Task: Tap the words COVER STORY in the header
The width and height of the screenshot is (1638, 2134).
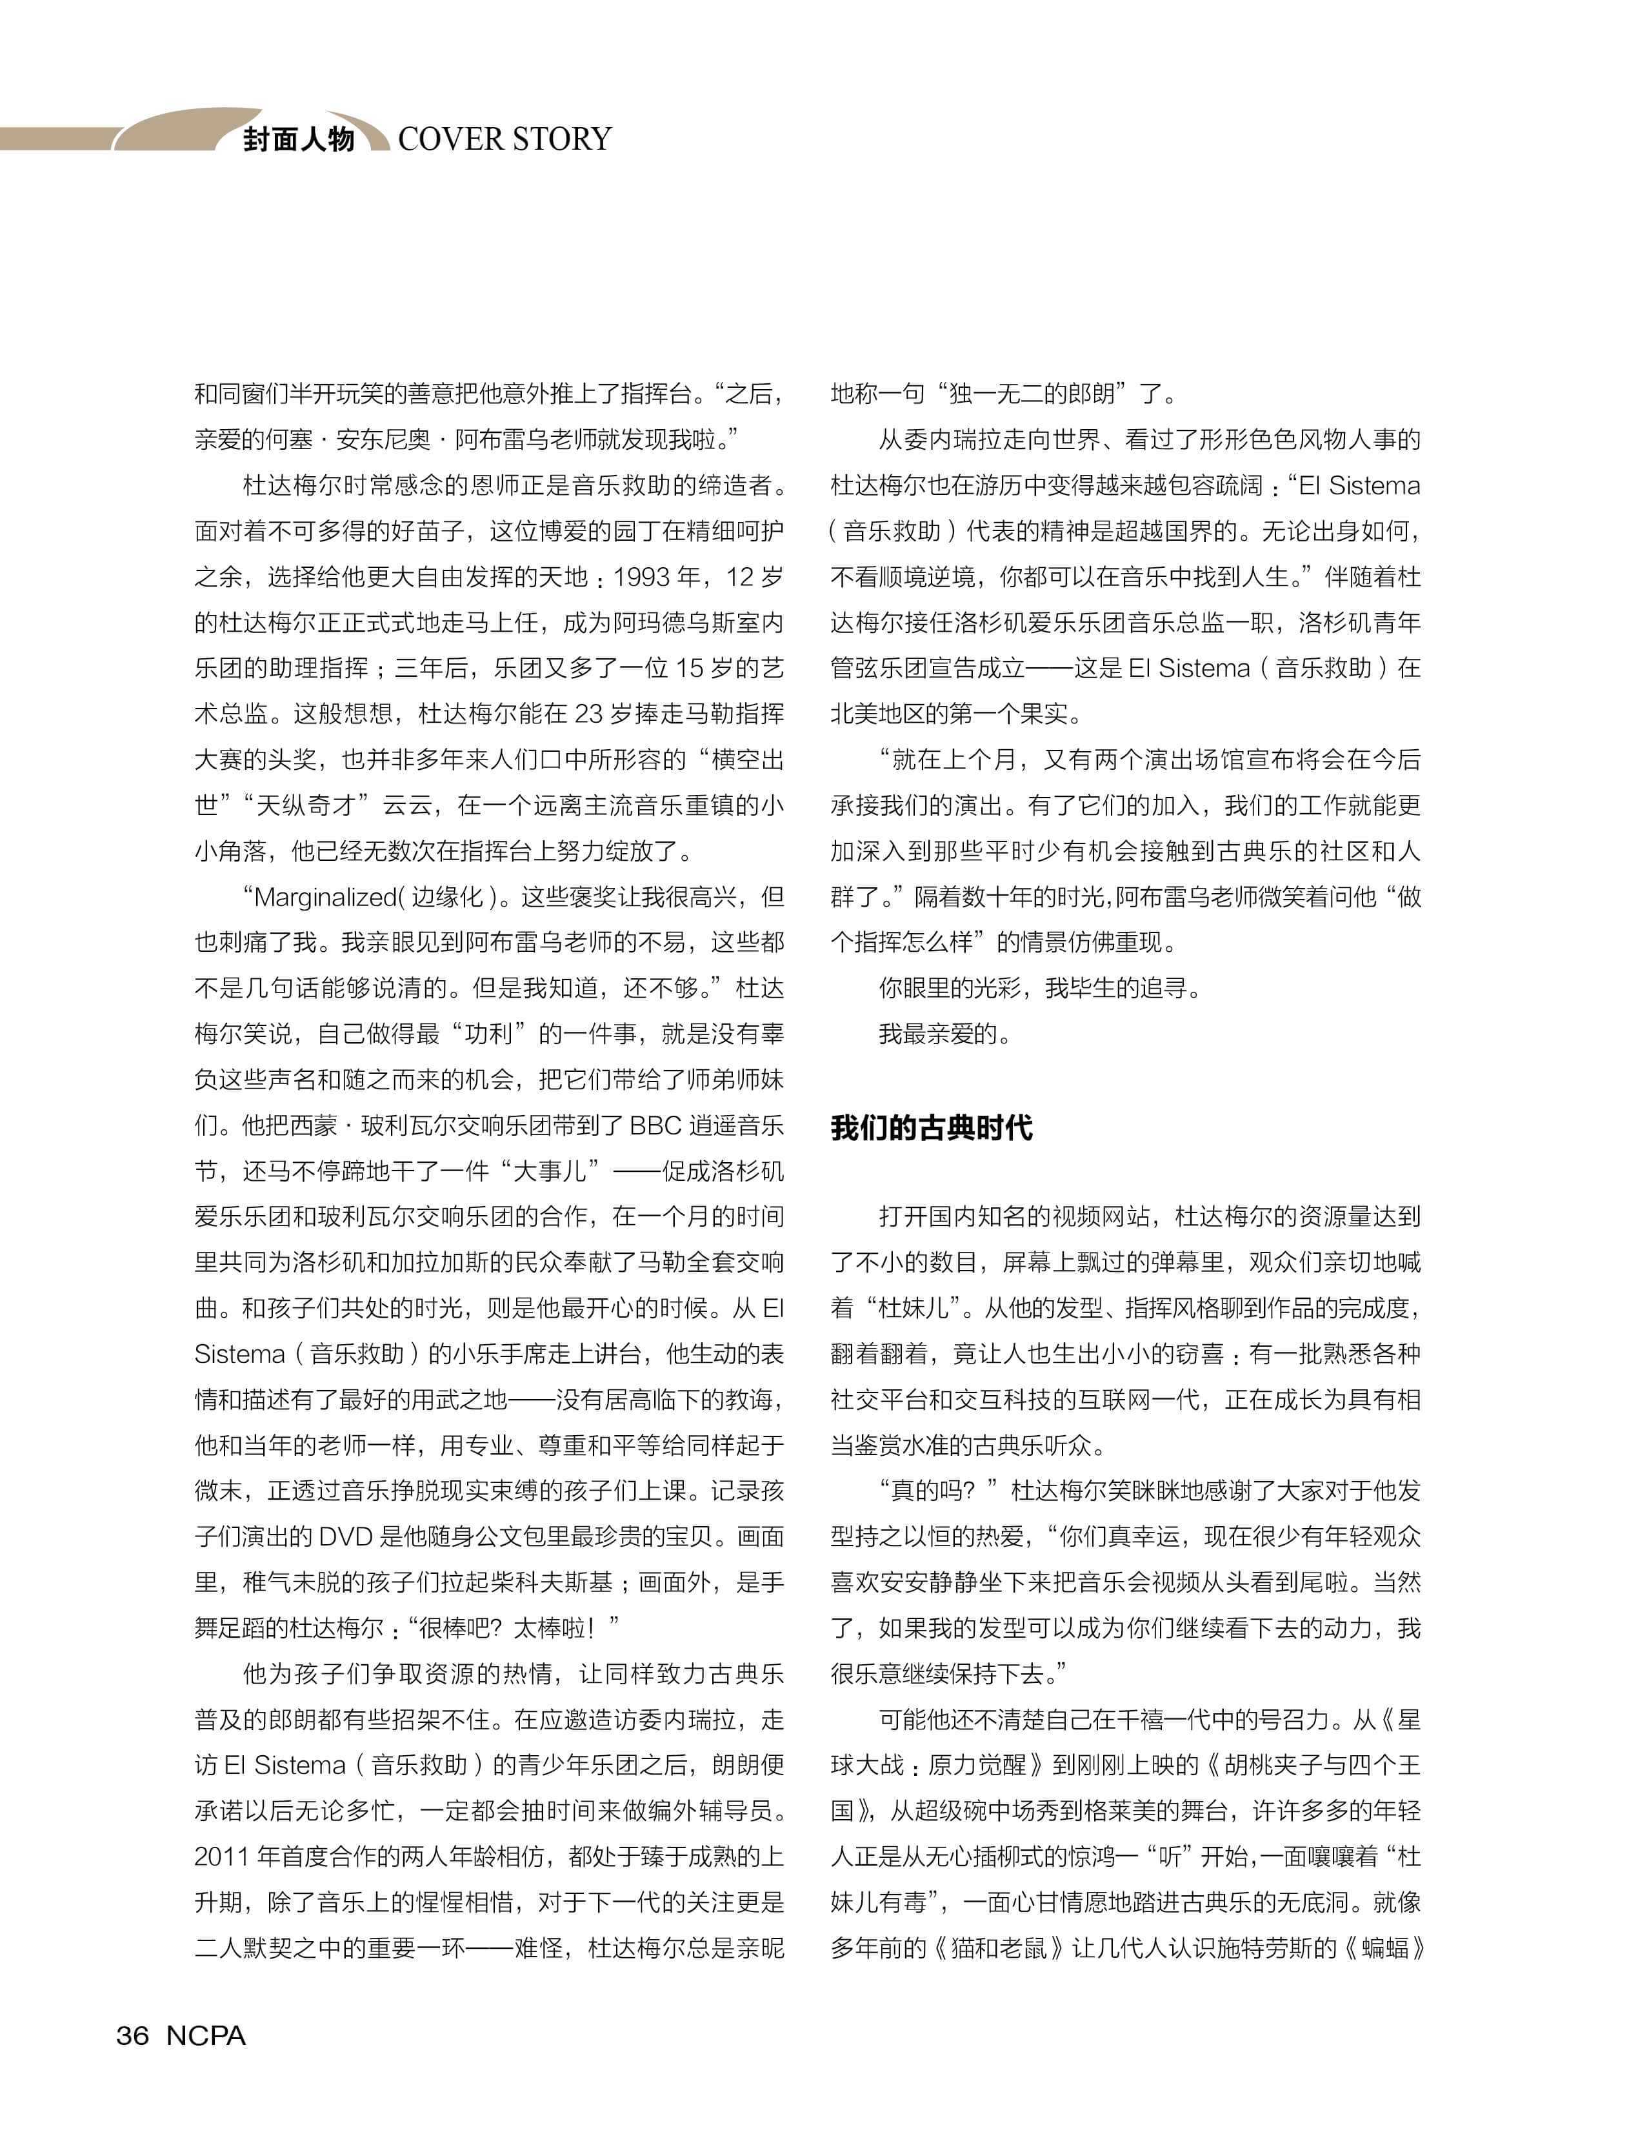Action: click(x=504, y=139)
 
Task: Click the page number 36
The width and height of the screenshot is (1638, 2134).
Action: click(x=133, y=2035)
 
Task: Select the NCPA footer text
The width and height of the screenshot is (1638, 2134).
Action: click(x=206, y=2035)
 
